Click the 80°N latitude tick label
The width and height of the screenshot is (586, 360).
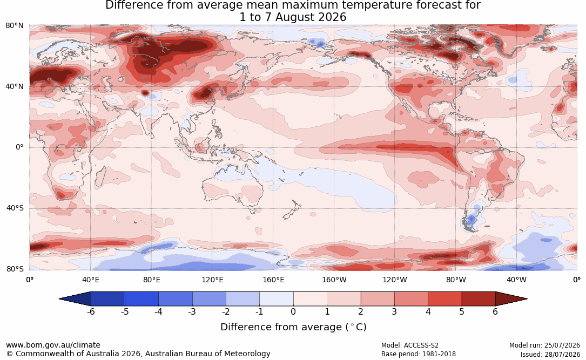pyautogui.click(x=14, y=25)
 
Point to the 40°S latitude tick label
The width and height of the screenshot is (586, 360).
pyautogui.click(x=15, y=208)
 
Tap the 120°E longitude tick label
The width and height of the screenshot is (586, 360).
pyautogui.click(x=212, y=280)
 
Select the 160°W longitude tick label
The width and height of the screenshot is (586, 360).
pyautogui.click(x=334, y=280)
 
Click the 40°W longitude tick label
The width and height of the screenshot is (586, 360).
pyautogui.click(x=516, y=280)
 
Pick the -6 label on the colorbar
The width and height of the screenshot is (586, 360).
pyautogui.click(x=90, y=311)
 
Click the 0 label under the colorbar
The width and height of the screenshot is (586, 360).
pyautogui.click(x=293, y=311)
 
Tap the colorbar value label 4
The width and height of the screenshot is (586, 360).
pyautogui.click(x=428, y=311)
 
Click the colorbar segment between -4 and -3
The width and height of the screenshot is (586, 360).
pyautogui.click(x=176, y=299)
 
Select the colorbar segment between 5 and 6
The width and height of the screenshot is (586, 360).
pyautogui.click(x=479, y=299)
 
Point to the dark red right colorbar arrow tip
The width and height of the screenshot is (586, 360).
pyautogui.click(x=527, y=299)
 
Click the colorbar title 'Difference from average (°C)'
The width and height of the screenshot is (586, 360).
pyautogui.click(x=293, y=327)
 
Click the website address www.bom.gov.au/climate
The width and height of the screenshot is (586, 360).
pyautogui.click(x=53, y=345)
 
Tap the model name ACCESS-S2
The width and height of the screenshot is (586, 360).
pyautogui.click(x=421, y=345)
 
